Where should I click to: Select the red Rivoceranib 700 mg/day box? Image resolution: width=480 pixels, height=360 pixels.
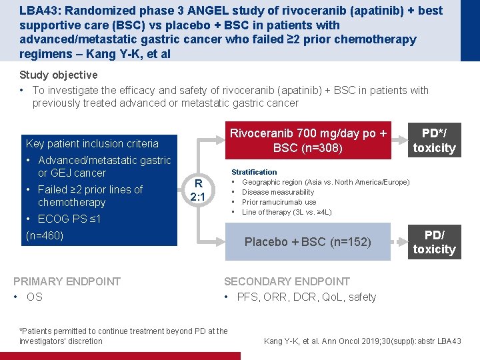pyautogui.click(x=308, y=141)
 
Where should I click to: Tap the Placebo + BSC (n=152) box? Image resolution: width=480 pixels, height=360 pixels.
pyautogui.click(x=307, y=242)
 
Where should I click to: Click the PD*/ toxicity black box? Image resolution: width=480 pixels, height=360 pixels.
pyautogui.click(x=434, y=141)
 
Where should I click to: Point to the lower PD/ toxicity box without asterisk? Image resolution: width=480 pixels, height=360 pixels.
pyautogui.click(x=434, y=242)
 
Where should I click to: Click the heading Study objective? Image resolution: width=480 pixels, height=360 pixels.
pyautogui.click(x=59, y=75)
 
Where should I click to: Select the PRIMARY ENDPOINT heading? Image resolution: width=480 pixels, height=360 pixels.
pyautogui.click(x=67, y=281)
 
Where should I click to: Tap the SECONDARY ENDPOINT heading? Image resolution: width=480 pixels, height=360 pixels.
pyautogui.click(x=287, y=281)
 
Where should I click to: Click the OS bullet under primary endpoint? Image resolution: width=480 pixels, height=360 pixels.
pyautogui.click(x=34, y=297)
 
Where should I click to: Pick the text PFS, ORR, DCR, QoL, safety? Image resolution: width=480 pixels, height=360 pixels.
pyautogui.click(x=306, y=297)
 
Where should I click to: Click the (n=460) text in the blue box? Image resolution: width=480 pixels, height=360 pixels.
pyautogui.click(x=45, y=235)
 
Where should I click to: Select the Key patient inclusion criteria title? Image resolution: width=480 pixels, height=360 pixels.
pyautogui.click(x=92, y=143)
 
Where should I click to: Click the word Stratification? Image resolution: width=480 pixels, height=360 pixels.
pyautogui.click(x=254, y=172)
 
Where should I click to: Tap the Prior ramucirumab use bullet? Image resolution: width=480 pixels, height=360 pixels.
pyautogui.click(x=279, y=202)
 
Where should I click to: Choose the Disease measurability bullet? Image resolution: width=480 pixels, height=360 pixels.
pyautogui.click(x=278, y=192)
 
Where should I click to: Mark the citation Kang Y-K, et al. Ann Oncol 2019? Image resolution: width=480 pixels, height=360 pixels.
pyautogui.click(x=362, y=341)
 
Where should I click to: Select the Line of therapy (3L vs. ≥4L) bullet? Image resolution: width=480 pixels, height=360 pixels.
pyautogui.click(x=287, y=212)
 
